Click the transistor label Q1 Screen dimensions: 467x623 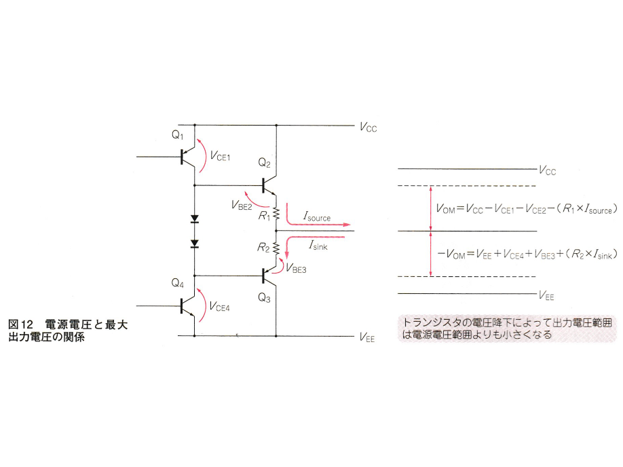[x=177, y=136]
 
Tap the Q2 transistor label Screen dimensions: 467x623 [x=264, y=163]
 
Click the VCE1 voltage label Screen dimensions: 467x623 [x=221, y=157]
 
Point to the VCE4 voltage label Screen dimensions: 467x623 [x=221, y=306]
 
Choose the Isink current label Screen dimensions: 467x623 [x=318, y=247]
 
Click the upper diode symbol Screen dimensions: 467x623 [x=195, y=219]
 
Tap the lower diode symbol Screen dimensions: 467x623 [x=195, y=243]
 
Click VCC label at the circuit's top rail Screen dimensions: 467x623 [x=366, y=126]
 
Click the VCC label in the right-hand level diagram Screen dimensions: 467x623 [x=546, y=171]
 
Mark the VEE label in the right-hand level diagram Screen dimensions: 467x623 [x=546, y=295]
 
